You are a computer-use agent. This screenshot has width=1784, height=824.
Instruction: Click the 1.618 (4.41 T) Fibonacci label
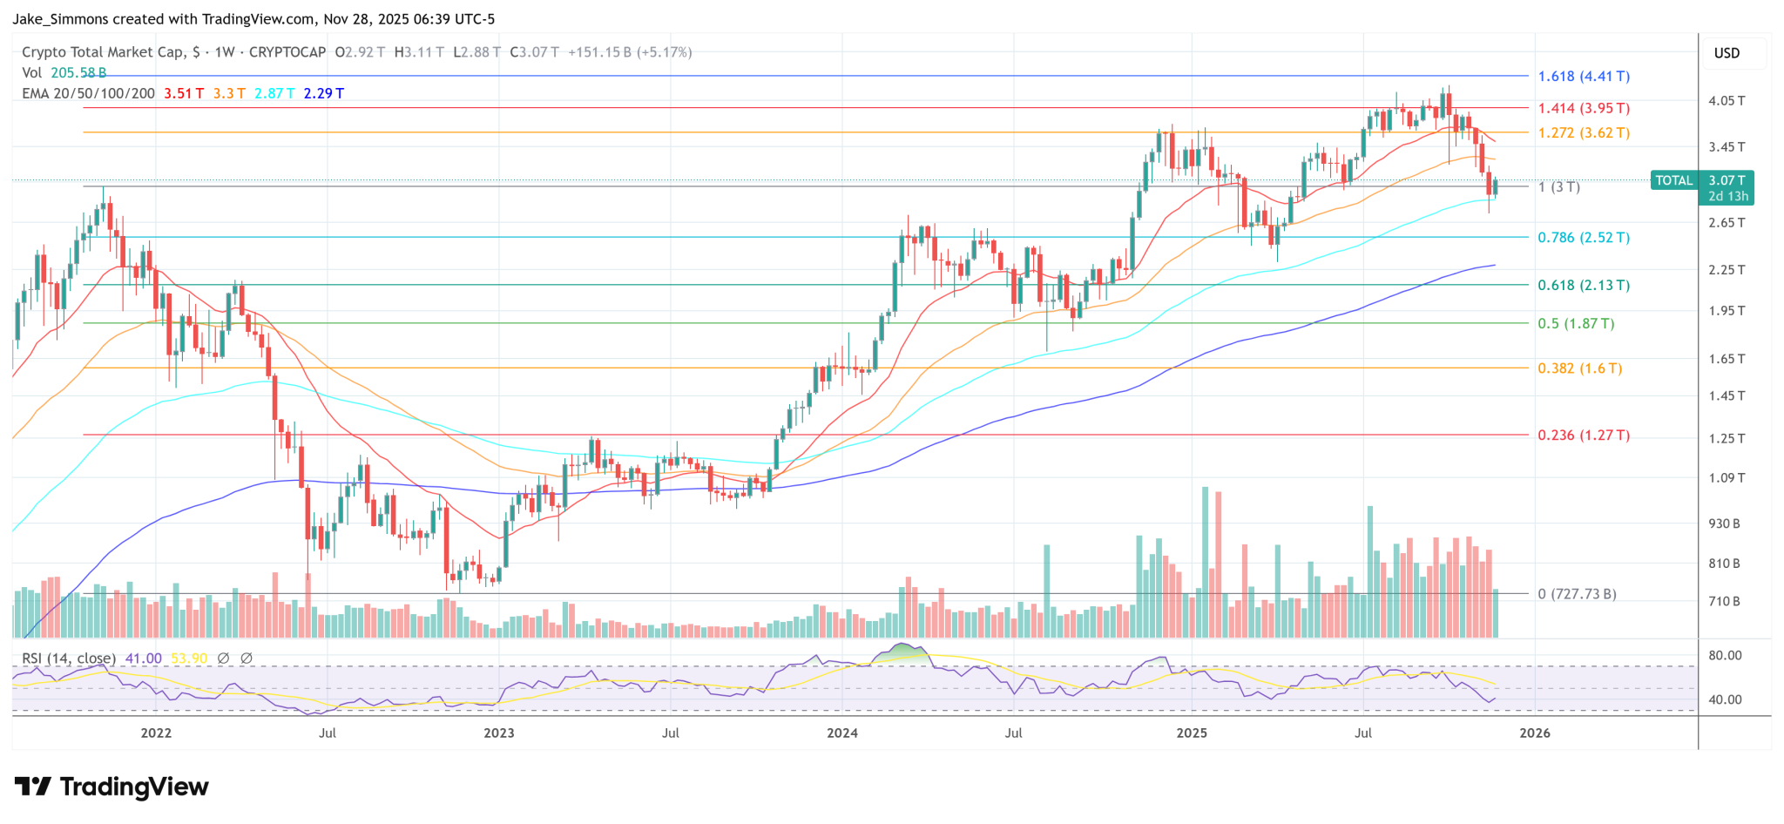[1584, 77]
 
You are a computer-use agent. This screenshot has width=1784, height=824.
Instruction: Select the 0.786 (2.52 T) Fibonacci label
[1584, 238]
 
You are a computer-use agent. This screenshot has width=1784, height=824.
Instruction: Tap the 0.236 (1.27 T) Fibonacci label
[1584, 436]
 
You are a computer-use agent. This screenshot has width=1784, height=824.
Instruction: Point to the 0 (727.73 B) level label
[1577, 594]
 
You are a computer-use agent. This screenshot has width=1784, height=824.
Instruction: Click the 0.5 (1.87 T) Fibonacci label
[1576, 324]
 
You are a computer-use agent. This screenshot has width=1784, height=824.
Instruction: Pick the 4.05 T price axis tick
[1727, 101]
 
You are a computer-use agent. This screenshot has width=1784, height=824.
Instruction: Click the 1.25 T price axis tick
[1727, 438]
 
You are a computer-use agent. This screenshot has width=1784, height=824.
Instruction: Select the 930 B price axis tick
[1724, 523]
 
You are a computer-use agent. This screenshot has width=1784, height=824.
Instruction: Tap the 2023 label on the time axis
[499, 733]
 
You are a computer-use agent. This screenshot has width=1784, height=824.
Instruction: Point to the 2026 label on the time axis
[1535, 733]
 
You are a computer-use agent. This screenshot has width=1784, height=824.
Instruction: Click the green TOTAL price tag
[1673, 181]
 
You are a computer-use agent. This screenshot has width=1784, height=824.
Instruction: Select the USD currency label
[1727, 53]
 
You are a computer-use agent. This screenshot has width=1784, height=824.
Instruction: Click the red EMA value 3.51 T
[184, 93]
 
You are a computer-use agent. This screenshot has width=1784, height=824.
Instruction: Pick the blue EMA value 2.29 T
[323, 93]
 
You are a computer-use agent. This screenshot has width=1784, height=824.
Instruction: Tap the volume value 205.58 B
[78, 73]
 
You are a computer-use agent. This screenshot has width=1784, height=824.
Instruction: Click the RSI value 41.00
[143, 659]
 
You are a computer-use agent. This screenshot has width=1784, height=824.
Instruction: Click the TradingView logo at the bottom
[111, 787]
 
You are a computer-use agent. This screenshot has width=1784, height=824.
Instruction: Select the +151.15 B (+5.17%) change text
[630, 52]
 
